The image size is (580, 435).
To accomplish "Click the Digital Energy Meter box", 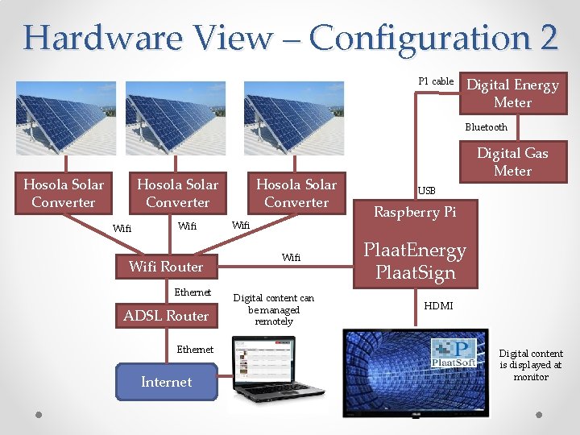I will [x=512, y=93].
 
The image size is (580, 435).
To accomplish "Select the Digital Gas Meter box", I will [x=512, y=162].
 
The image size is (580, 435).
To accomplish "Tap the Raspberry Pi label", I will [x=414, y=212].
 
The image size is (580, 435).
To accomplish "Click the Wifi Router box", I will [x=166, y=266].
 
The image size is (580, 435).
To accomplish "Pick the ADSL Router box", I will [x=166, y=316].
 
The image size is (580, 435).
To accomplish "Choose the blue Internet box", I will [x=166, y=382].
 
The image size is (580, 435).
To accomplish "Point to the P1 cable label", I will [x=436, y=81].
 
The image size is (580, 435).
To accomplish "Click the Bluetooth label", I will [x=486, y=127].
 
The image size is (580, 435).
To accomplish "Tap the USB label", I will [x=426, y=191].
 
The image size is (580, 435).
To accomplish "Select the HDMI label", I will [x=438, y=306].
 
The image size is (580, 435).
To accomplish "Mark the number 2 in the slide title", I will [x=544, y=37].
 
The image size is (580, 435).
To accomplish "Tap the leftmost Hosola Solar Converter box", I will [x=63, y=193].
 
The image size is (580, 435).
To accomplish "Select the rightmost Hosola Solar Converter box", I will [x=296, y=193].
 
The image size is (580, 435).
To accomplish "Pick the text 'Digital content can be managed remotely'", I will [x=274, y=309].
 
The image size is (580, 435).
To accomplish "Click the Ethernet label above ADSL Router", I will [x=193, y=292].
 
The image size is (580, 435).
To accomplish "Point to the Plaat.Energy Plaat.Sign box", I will [x=414, y=261].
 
